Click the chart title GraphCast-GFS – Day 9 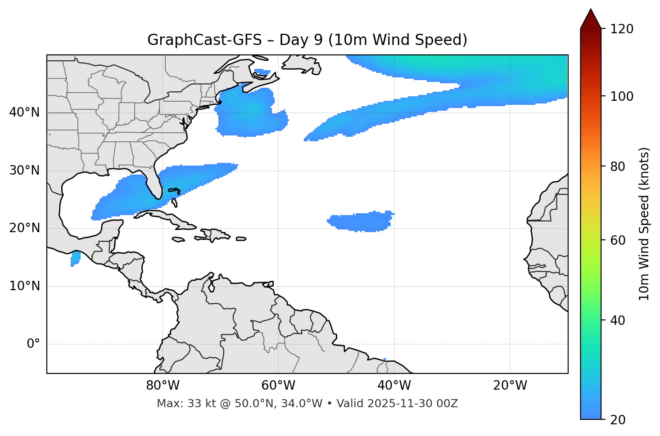coord(307,40)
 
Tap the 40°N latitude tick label coord(24,112)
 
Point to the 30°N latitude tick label coord(24,171)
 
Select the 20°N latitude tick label coord(24,228)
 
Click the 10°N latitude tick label coord(24,286)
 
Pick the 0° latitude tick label coord(33,344)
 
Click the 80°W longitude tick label coord(163,386)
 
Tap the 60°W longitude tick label coord(278,386)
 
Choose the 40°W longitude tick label coord(394,386)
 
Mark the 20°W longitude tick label coord(510,386)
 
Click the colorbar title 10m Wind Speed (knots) coord(644,224)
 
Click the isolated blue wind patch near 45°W coord(360,221)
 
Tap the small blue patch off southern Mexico coord(75,259)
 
